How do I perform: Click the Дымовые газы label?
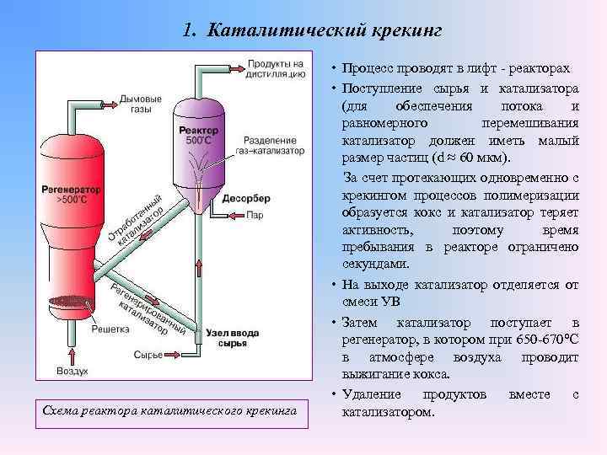point(141,104)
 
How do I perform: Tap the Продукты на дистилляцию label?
point(276,68)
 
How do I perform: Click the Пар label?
point(255,215)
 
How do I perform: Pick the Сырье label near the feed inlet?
point(148,355)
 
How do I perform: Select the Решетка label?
point(110,329)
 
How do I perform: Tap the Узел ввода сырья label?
point(228,339)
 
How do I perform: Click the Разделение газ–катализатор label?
point(273,144)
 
